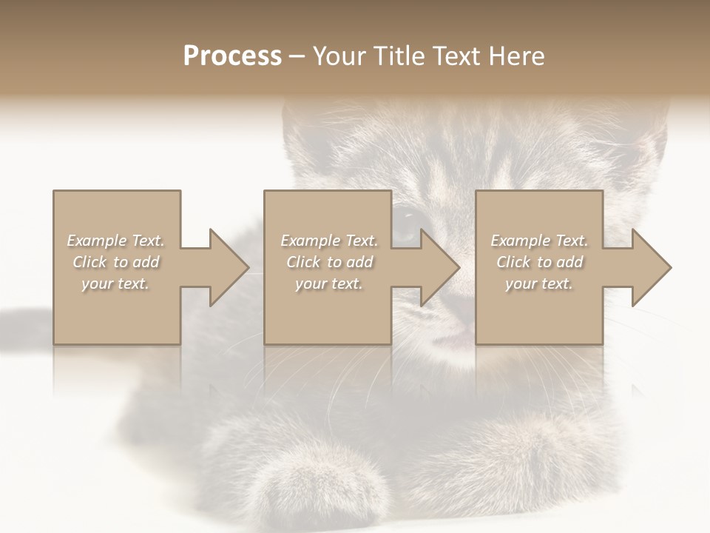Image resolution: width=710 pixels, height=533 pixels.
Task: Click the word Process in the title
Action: click(x=232, y=56)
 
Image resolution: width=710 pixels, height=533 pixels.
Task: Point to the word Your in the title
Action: click(x=339, y=56)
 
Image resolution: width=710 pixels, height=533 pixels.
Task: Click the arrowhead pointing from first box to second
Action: click(x=229, y=267)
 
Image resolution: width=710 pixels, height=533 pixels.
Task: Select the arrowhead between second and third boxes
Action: click(x=440, y=267)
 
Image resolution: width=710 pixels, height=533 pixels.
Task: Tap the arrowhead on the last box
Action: click(x=652, y=267)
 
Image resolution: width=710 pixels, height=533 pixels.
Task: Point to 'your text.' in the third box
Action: click(x=539, y=284)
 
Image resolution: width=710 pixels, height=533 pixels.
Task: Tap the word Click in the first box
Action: click(x=90, y=262)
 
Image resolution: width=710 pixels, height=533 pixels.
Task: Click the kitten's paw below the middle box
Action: click(x=318, y=474)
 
